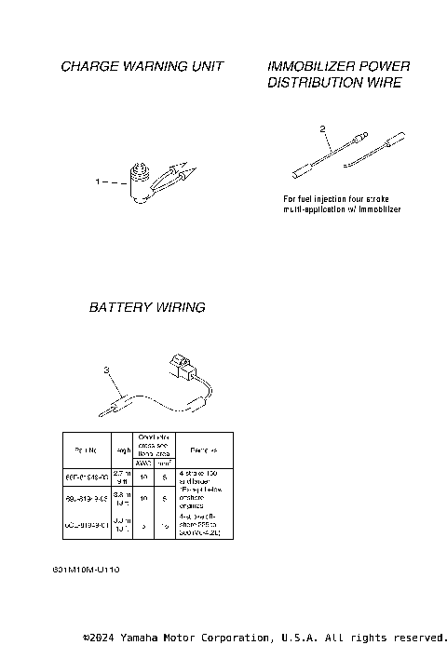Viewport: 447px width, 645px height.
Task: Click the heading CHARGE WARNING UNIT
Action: click(142, 67)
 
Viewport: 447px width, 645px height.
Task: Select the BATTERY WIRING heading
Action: click(147, 306)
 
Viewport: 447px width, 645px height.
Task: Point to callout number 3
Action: click(107, 370)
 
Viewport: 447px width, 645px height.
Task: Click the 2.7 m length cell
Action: click(121, 477)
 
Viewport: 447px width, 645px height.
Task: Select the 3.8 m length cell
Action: click(121, 500)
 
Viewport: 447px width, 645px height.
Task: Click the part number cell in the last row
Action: click(85, 525)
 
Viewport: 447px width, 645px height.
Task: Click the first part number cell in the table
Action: click(85, 477)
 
